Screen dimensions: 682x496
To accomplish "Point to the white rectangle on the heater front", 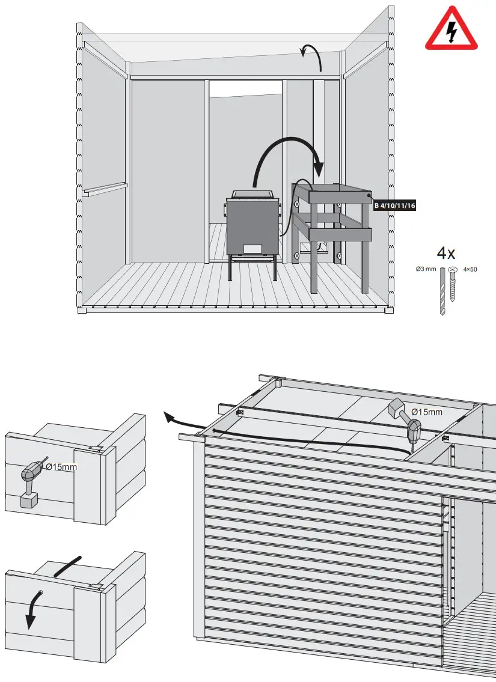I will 253,249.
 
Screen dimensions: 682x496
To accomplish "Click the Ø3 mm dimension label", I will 426,269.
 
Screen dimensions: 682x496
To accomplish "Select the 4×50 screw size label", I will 470,269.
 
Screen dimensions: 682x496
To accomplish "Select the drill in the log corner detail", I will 30,484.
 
